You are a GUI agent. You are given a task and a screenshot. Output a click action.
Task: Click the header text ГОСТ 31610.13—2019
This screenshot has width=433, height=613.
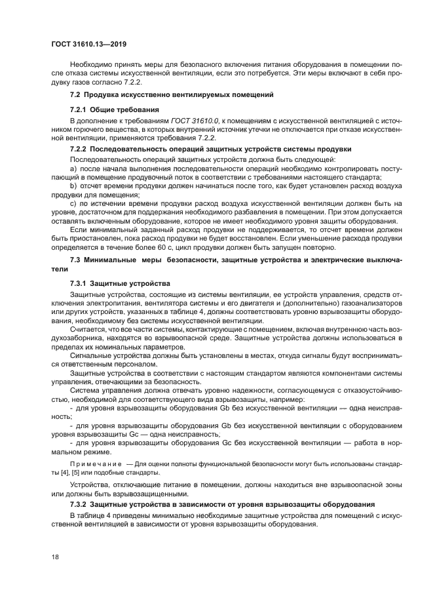[x=88, y=45]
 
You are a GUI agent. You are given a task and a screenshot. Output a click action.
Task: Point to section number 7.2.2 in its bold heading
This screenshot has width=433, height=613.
[x=79, y=149]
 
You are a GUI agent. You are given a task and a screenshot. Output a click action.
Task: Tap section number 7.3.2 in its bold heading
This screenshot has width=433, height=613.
[x=79, y=504]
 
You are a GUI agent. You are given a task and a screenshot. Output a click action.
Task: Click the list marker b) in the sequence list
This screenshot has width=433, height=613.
[x=73, y=186]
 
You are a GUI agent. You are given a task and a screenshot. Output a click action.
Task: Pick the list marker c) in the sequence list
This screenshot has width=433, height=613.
[x=73, y=203]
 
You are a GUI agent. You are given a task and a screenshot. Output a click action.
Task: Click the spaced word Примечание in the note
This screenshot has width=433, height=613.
[x=94, y=464]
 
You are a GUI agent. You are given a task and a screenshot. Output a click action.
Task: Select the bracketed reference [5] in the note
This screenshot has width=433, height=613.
[x=79, y=473]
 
